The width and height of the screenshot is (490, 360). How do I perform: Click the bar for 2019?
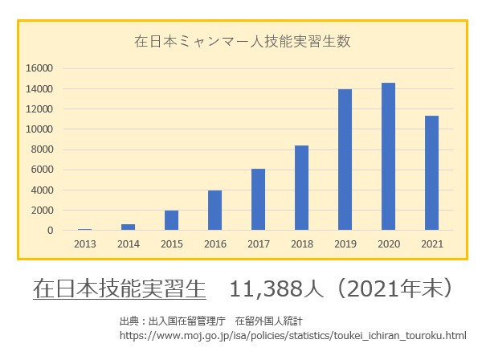(x=345, y=160)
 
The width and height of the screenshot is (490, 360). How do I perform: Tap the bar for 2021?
(x=431, y=173)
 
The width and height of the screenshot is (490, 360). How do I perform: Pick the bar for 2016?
(x=214, y=211)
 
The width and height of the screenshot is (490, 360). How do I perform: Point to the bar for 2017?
(x=258, y=199)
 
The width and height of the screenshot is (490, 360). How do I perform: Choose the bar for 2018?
(x=301, y=188)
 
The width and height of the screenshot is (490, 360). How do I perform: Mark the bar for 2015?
(x=171, y=220)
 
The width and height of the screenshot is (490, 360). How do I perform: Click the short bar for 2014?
(x=128, y=227)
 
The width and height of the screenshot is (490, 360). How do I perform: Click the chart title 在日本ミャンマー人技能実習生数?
(x=242, y=40)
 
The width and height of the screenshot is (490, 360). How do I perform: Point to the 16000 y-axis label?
(x=40, y=68)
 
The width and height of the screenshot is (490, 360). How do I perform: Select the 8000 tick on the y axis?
(x=43, y=149)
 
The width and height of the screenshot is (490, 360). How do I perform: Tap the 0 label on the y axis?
(x=50, y=231)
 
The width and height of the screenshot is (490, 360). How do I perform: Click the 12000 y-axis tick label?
(x=40, y=109)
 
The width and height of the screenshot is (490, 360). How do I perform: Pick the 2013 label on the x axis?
(x=84, y=243)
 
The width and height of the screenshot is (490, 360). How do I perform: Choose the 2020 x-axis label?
(x=388, y=243)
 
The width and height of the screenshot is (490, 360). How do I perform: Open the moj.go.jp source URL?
(x=292, y=333)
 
